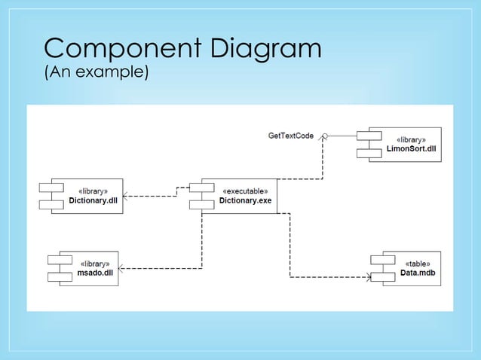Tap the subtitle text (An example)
click(x=97, y=74)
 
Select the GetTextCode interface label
click(x=291, y=136)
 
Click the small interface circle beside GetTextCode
click(x=325, y=136)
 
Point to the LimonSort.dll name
click(x=411, y=149)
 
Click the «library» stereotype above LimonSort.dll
click(x=411, y=140)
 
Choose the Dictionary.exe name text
click(x=245, y=201)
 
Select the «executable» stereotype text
click(x=244, y=191)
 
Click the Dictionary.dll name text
click(x=93, y=201)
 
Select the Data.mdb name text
click(x=418, y=273)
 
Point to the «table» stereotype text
click(x=418, y=264)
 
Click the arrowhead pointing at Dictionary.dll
click(x=126, y=197)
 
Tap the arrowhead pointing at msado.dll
click(x=123, y=269)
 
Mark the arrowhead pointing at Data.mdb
click(x=369, y=276)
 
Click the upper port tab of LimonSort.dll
click(x=369, y=136)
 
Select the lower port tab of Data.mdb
click(x=382, y=276)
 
